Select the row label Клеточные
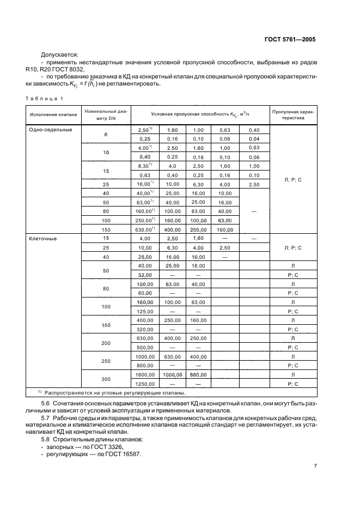click(42, 238)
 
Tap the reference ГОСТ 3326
click(109, 432)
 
